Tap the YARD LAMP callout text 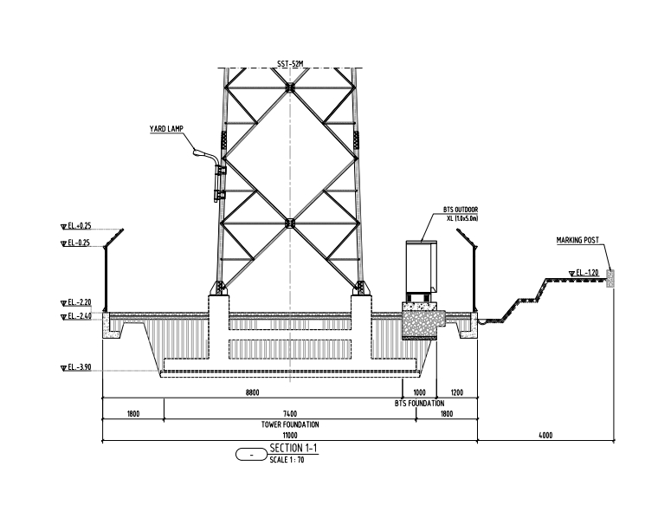[165, 128]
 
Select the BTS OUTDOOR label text [461, 209]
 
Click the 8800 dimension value [253, 392]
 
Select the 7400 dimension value [289, 413]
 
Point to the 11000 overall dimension [289, 436]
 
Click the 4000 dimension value [545, 436]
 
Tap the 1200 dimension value [457, 392]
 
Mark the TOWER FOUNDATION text [289, 424]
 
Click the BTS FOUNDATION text [419, 404]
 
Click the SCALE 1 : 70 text [287, 459]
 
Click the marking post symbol [610, 278]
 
